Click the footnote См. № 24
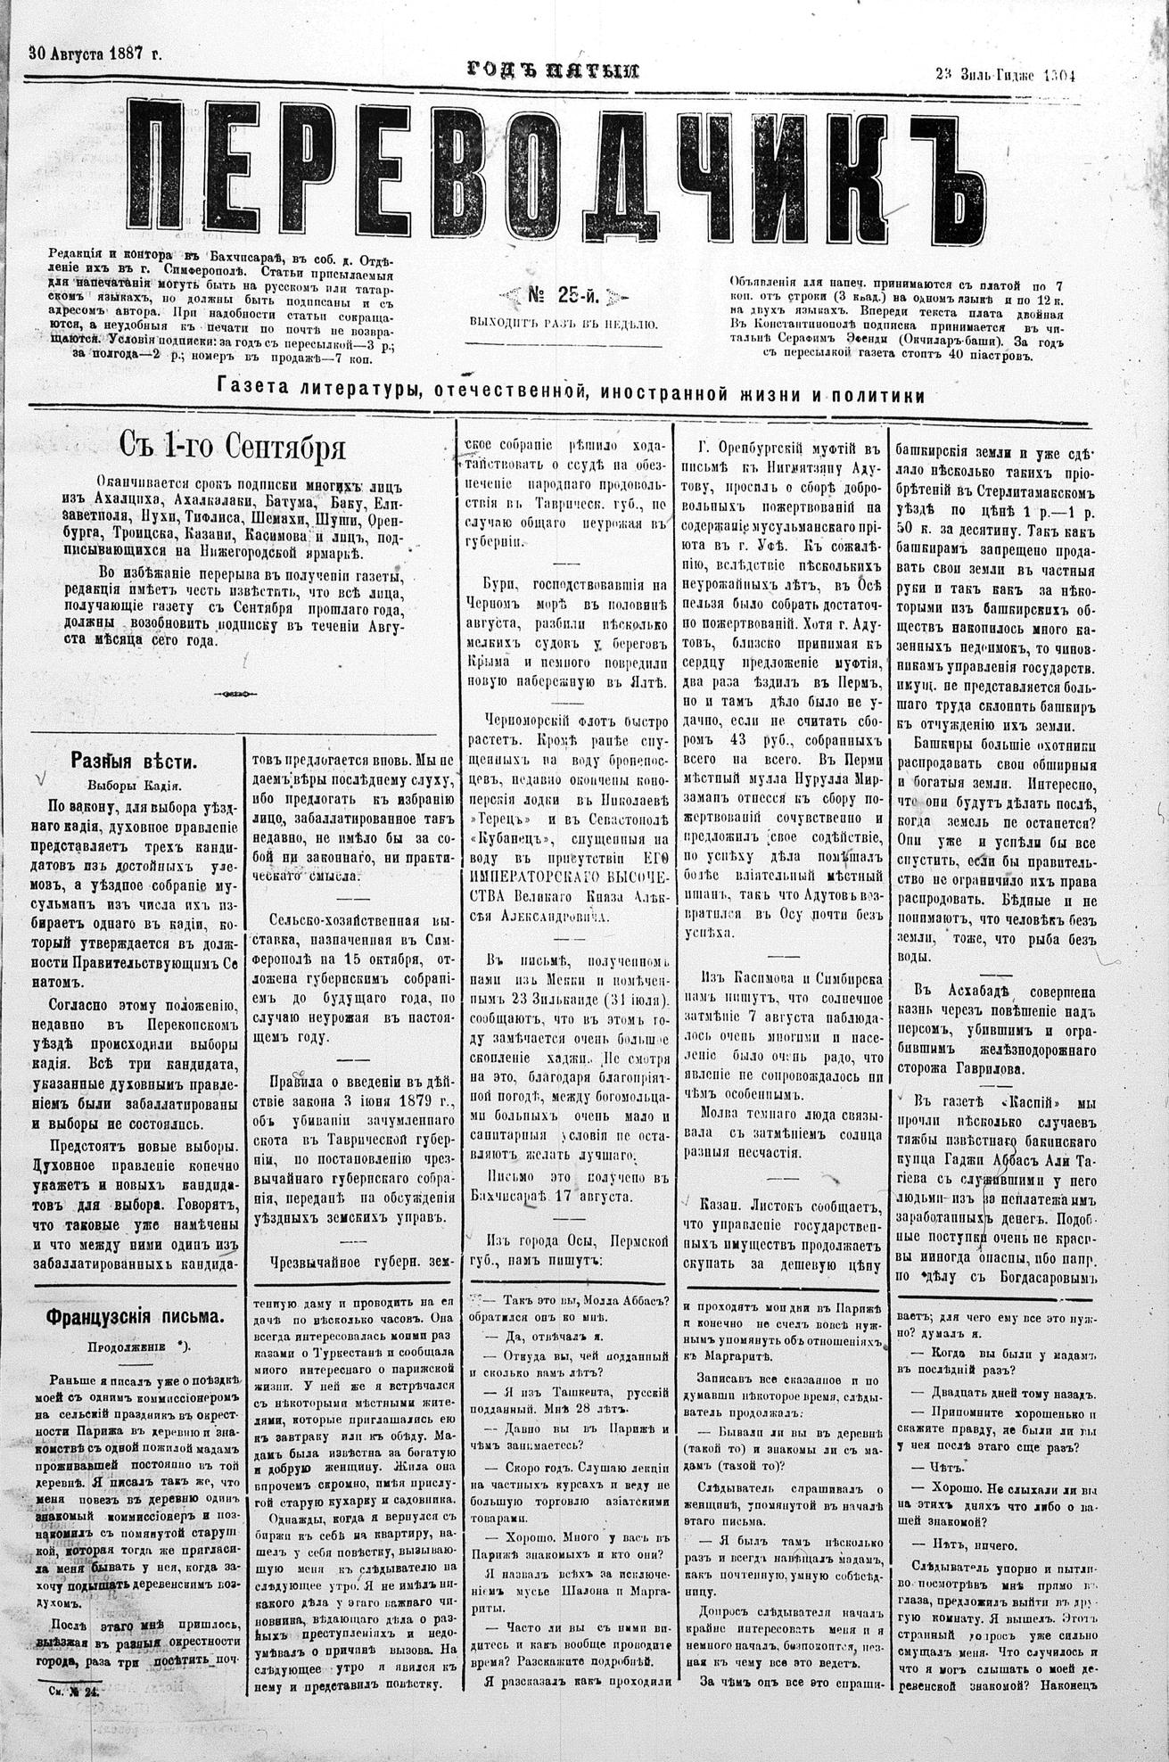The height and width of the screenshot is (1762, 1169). tap(77, 1713)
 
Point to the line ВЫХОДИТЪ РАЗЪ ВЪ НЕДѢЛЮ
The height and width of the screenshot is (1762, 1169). tap(563, 325)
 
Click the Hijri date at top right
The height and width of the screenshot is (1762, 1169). tap(1006, 75)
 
